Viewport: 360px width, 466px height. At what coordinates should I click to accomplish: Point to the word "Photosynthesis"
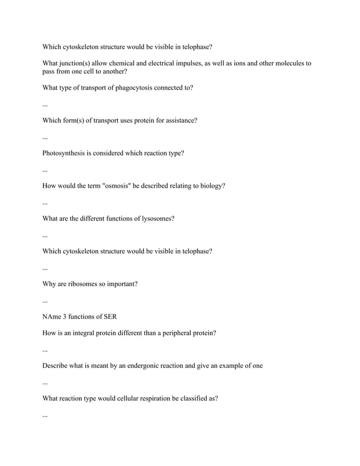(63, 153)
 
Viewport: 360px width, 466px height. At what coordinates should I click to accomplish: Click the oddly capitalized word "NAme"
(52, 316)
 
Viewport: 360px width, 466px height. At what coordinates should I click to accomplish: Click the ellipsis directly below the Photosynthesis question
(45, 169)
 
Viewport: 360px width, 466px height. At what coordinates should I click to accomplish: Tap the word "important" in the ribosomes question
(120, 284)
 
